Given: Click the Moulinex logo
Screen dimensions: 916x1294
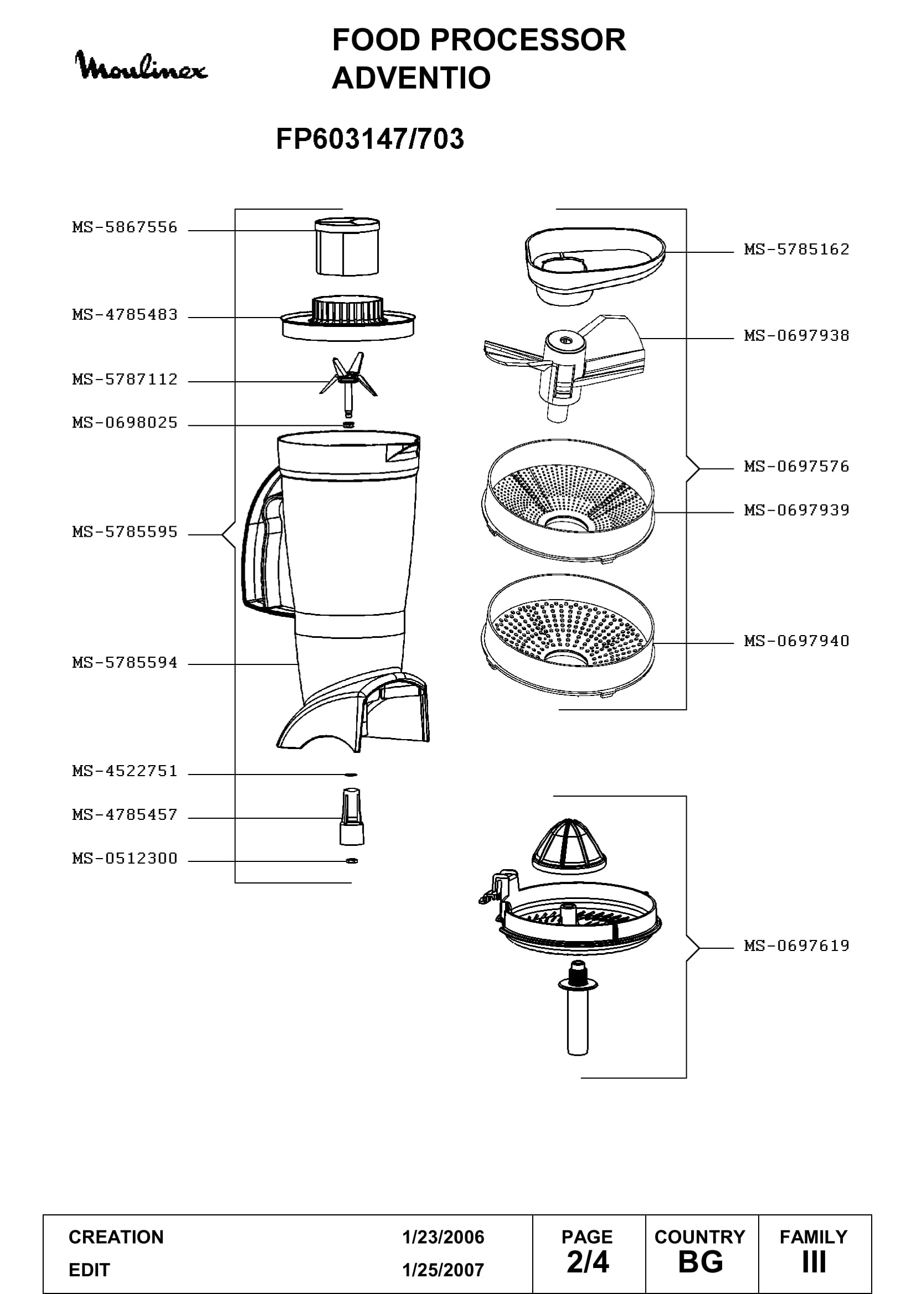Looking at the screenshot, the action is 141,66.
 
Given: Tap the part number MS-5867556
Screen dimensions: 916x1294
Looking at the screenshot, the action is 125,227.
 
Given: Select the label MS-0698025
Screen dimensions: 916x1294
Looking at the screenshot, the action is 125,423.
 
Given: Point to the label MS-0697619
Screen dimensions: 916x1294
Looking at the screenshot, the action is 796,945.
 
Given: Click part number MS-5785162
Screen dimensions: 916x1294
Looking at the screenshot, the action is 796,249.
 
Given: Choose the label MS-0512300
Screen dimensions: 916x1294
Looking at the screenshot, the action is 125,859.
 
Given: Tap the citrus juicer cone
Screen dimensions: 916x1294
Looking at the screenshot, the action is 569,846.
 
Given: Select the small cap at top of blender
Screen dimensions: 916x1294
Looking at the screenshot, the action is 347,247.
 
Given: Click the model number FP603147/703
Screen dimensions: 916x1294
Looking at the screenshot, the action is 370,139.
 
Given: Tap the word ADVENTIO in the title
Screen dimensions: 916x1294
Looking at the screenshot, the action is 411,78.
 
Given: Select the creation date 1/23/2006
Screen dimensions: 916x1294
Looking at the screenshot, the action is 444,1237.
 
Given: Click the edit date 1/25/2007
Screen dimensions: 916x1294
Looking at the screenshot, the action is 444,1270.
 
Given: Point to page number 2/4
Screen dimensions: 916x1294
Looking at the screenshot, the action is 588,1262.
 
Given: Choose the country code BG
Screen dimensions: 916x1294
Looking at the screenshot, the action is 701,1262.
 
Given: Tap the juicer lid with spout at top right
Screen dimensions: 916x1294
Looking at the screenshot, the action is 595,265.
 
